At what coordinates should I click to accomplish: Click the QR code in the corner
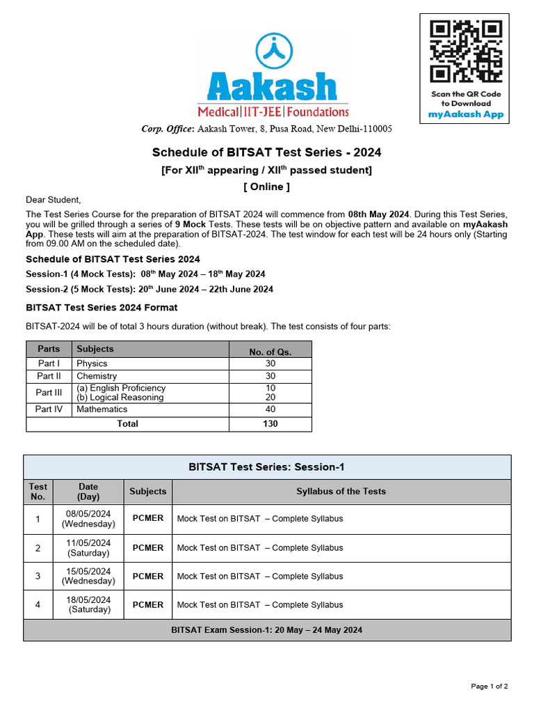(x=465, y=52)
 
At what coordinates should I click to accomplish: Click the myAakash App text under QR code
(x=465, y=114)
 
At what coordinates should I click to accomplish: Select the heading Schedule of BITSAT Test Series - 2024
(x=266, y=152)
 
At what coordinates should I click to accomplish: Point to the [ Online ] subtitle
(x=266, y=187)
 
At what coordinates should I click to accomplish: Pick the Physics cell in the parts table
(x=92, y=363)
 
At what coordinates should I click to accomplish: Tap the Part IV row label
(x=49, y=409)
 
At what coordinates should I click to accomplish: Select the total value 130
(x=270, y=424)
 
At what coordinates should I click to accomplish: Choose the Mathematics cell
(x=102, y=409)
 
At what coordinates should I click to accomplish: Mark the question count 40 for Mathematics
(x=270, y=409)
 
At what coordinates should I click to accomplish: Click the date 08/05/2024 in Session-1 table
(x=88, y=514)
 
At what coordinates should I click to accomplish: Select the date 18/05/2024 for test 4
(x=88, y=600)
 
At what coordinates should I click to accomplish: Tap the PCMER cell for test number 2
(x=148, y=548)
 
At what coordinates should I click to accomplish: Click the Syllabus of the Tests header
(x=341, y=492)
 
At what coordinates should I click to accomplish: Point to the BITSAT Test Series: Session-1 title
(x=266, y=467)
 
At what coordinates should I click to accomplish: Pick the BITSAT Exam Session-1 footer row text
(x=266, y=630)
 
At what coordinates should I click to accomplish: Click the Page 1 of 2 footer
(x=489, y=687)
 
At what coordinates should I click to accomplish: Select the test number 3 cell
(x=38, y=577)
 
